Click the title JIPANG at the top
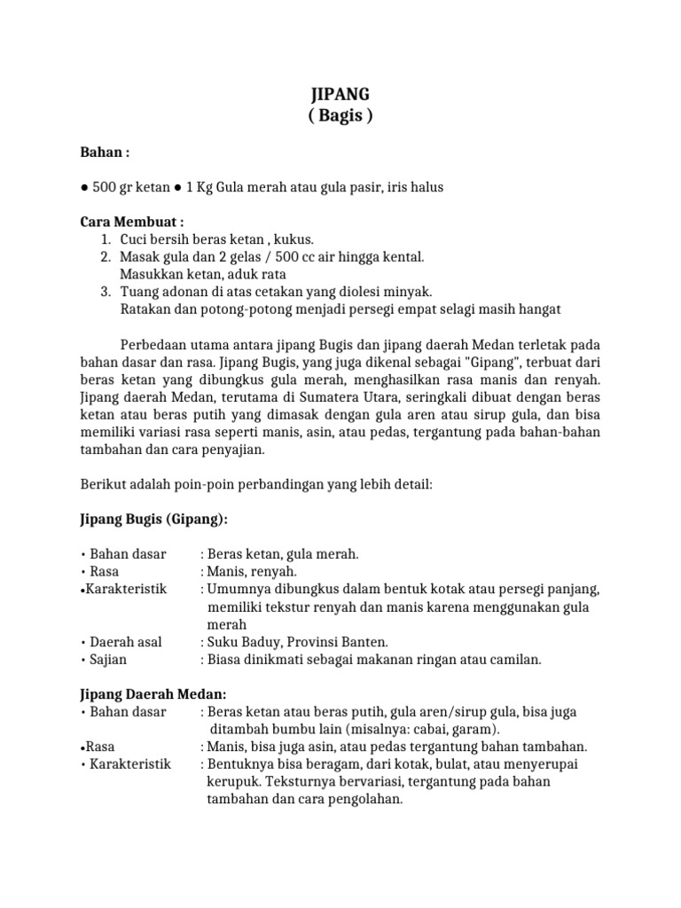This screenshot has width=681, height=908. coord(341,95)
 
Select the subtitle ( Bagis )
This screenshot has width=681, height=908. coord(341,116)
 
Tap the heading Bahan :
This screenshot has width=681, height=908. coord(105,153)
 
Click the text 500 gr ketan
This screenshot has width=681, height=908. coord(131,187)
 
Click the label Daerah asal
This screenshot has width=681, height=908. coord(126,642)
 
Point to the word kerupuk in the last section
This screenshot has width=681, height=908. coord(234,781)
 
